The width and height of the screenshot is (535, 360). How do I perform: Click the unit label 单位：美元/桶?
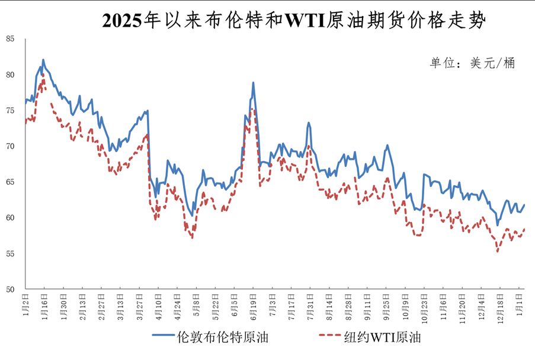click(472, 63)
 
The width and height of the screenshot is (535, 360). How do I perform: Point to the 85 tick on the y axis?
click(11, 39)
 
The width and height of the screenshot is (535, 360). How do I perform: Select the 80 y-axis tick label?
click(11, 75)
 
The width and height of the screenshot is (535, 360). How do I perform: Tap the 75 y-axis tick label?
click(11, 111)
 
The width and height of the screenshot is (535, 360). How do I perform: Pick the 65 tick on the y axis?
click(11, 182)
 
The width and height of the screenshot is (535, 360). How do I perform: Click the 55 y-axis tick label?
click(11, 254)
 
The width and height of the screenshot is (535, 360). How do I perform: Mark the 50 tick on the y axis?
click(11, 290)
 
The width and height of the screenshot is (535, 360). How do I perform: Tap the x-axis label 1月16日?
click(44, 305)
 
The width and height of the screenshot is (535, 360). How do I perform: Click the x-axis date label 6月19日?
click(253, 305)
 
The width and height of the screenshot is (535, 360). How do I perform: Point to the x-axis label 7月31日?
click(310, 305)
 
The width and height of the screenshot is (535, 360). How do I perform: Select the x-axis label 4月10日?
click(158, 305)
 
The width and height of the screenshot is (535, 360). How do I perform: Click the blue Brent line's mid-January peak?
click(43, 60)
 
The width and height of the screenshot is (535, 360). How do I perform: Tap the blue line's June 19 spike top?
click(253, 83)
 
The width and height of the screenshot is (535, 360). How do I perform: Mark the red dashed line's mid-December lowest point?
click(498, 252)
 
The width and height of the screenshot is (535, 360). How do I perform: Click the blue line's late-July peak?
click(309, 123)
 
